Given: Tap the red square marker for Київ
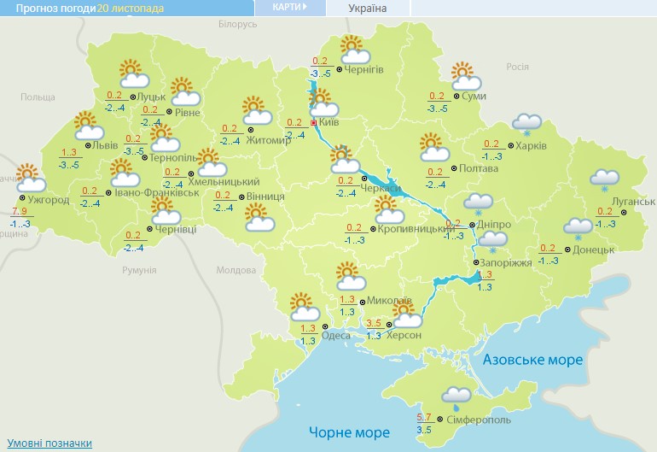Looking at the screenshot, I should click(x=314, y=123).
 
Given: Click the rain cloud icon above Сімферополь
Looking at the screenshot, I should click(x=456, y=396).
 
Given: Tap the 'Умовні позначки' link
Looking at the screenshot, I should click(x=49, y=443).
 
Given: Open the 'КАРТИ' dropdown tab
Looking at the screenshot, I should click(x=290, y=8).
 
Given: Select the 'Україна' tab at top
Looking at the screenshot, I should click(x=367, y=9).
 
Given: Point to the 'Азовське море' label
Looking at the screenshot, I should click(x=532, y=360).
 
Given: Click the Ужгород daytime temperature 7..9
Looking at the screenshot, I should click(x=20, y=211).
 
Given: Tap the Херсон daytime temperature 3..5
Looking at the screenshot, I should click(x=374, y=323).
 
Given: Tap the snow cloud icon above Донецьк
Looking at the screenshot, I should click(x=578, y=228).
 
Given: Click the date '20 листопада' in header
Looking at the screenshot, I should click(x=131, y=8).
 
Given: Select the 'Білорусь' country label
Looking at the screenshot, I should click(x=237, y=25).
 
